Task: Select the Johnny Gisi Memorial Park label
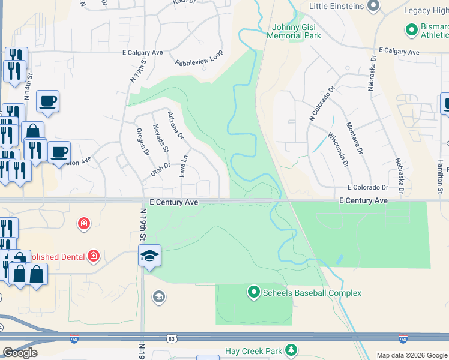click(297, 31)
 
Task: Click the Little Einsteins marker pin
click(373, 7)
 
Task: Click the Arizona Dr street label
click(175, 126)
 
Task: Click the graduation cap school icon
click(149, 256)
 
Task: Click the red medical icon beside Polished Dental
click(93, 257)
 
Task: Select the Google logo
click(20, 353)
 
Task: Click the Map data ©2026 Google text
click(411, 355)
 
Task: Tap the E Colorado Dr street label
click(375, 187)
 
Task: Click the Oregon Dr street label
click(142, 142)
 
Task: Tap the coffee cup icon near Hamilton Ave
click(59, 152)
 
